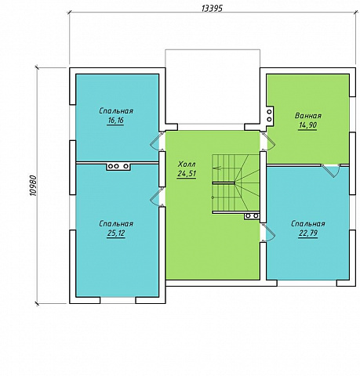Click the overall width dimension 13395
coord(212,9)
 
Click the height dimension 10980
coord(34,186)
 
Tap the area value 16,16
coord(115,121)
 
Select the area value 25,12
coord(116,233)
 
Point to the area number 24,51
coord(187,174)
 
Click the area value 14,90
coord(307,125)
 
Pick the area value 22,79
coord(308,233)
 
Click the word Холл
coord(187,164)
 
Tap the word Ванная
coord(308,116)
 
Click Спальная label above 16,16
coord(116,110)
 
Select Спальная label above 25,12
coord(116,224)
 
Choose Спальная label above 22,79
coord(308,224)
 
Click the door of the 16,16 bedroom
coord(156,141)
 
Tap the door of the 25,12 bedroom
coord(156,197)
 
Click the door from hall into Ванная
coord(268,141)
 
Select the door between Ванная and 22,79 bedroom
coord(331,170)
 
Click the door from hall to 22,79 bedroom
coord(268,233)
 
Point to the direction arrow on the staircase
coord(218,168)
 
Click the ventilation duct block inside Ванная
coord(269,115)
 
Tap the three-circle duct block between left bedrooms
coord(118,166)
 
